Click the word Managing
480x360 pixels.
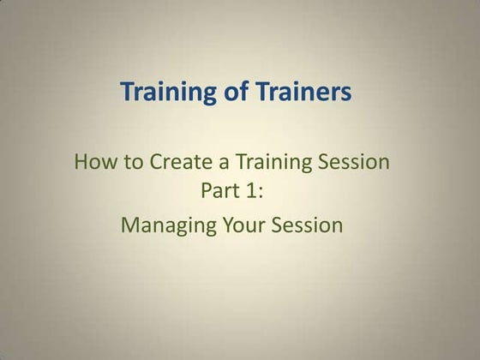pos(163,225)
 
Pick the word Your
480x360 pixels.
pos(234,225)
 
